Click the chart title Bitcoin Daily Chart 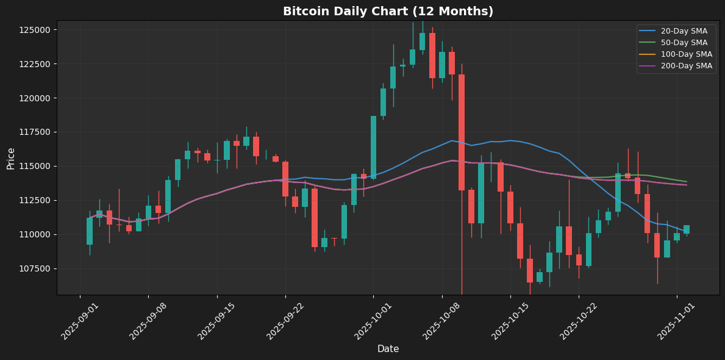388,12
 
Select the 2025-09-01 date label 79,320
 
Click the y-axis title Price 11,158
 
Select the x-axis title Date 388,349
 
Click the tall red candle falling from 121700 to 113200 462,132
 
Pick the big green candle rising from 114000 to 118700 373,147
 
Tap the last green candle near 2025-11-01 687,229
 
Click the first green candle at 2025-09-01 90,231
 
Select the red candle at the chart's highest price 432,55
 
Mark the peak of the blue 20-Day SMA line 452,140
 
